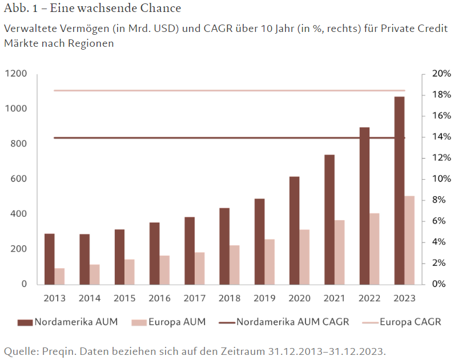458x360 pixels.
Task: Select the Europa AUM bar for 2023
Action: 409,240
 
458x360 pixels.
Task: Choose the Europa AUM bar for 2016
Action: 164,269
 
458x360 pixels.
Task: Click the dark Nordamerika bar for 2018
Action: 224,246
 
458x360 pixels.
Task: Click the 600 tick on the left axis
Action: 19,179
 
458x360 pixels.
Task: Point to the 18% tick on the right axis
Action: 440,95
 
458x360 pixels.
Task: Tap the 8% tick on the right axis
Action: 437,200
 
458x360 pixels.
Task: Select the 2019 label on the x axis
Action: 264,298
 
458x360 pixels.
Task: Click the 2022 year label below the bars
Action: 369,298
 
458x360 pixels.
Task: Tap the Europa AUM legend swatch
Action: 138,322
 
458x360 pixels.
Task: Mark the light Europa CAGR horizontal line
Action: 228,90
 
